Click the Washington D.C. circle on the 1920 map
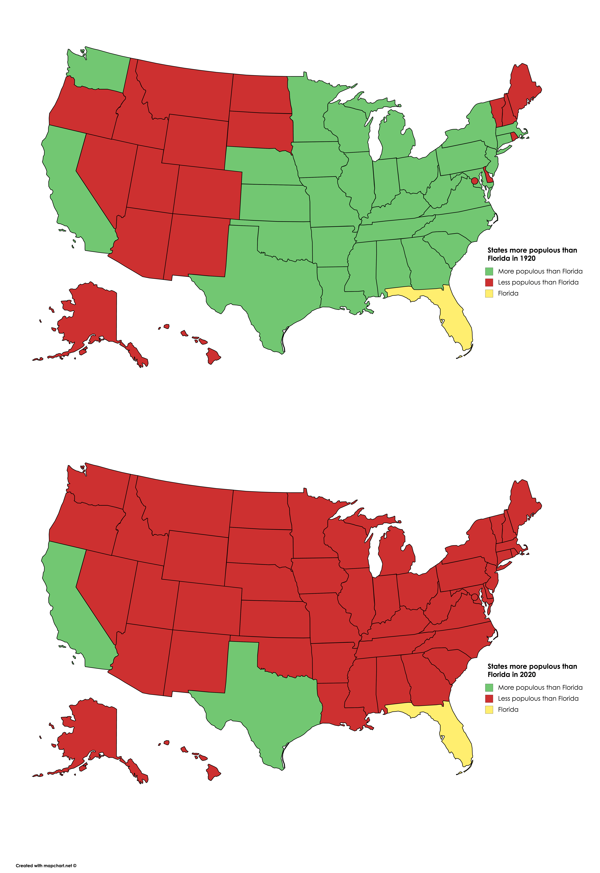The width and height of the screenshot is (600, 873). pos(474,181)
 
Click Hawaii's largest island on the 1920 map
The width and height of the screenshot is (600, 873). pos(213,355)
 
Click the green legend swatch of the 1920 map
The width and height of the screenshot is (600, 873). pos(489,271)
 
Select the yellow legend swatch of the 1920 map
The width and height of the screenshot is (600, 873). pos(489,293)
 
